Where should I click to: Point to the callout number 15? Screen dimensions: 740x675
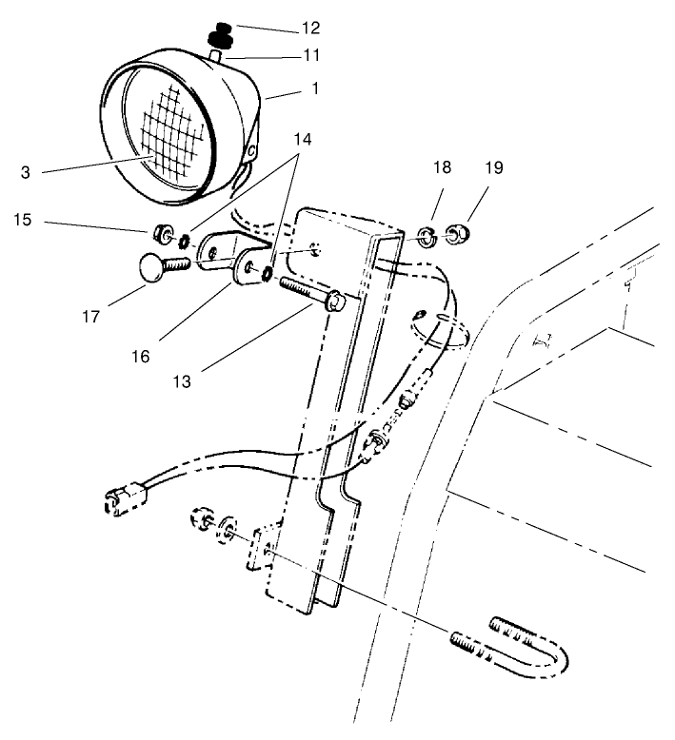(23, 220)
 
